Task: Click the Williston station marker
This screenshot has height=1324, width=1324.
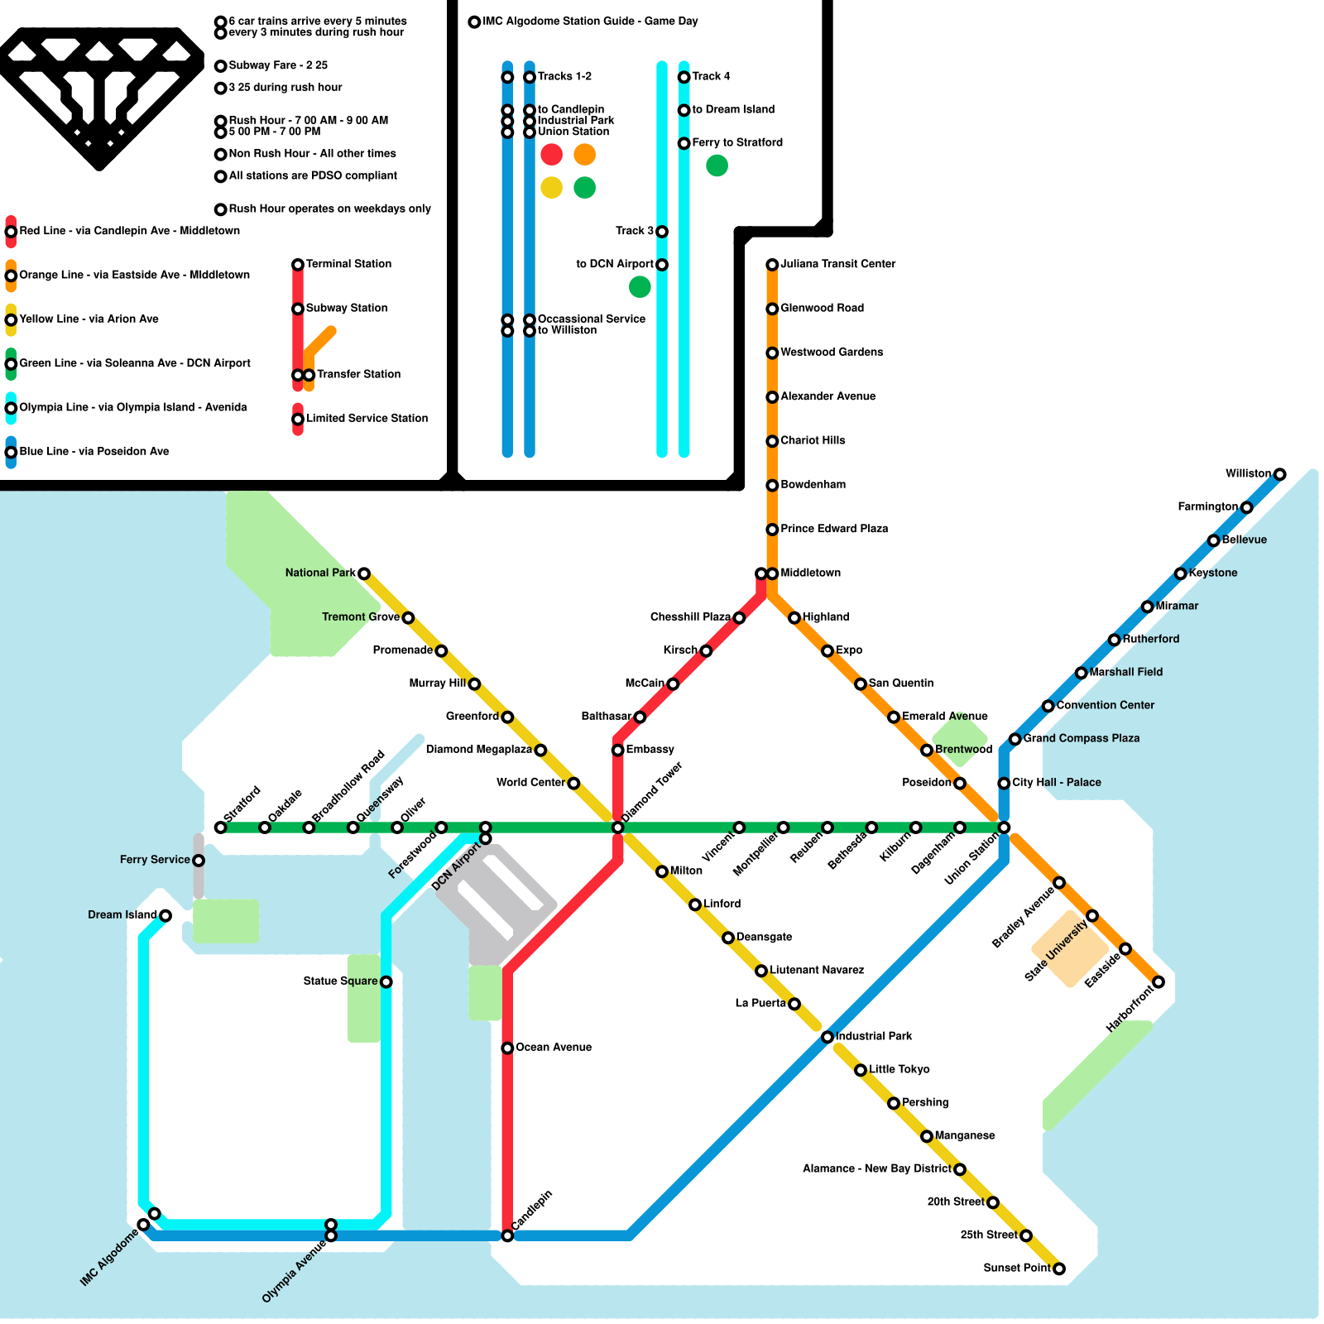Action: point(1279,474)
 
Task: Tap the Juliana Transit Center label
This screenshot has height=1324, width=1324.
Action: point(837,264)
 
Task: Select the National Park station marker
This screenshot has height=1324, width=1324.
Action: point(363,573)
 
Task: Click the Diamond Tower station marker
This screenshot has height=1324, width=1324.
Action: point(617,827)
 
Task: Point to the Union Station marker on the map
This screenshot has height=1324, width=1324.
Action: point(1004,827)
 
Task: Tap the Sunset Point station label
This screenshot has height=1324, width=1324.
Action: point(1016,1268)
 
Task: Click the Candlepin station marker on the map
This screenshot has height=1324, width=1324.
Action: point(507,1235)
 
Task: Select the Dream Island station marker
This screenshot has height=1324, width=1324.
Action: point(165,915)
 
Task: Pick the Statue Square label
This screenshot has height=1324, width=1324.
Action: point(340,981)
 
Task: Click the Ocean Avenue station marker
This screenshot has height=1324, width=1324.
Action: point(507,1048)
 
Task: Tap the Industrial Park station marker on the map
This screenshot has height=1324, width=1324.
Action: point(827,1037)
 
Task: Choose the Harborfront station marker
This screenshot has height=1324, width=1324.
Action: point(1158,982)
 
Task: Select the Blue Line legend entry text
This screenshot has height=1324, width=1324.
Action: point(94,452)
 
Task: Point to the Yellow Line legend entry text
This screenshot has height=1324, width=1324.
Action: point(89,319)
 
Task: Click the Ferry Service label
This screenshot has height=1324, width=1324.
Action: point(155,860)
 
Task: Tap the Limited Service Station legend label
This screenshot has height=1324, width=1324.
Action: point(367,419)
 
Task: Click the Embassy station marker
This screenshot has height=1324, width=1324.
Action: point(617,751)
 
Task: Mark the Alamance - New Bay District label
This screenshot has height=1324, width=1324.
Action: point(876,1168)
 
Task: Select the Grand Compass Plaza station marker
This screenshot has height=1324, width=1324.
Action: point(1015,739)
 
